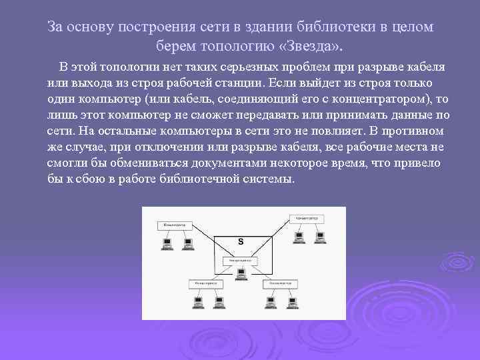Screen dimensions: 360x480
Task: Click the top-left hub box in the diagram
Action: click(175, 225)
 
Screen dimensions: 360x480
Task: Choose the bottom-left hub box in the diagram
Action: click(206, 283)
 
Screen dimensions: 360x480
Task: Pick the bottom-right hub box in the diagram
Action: click(279, 283)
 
